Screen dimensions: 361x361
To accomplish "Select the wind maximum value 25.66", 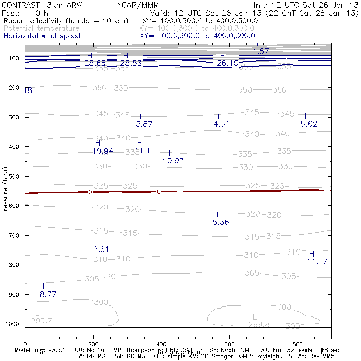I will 95,63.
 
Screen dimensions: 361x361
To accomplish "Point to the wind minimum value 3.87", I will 144,124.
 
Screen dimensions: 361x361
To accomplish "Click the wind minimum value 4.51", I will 221,124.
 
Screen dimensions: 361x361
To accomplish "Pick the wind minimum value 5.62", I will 309,124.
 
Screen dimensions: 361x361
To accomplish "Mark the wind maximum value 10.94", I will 103,151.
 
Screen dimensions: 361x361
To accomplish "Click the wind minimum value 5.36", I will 221,222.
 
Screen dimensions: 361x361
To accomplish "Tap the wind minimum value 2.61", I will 101,249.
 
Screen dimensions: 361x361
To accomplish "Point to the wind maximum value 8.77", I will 48,294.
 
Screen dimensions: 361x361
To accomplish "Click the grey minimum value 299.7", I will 41,321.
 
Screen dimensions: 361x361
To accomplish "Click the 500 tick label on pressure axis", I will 14,176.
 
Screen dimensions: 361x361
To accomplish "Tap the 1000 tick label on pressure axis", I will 12,324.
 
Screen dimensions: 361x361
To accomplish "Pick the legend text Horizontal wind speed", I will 41,36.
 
